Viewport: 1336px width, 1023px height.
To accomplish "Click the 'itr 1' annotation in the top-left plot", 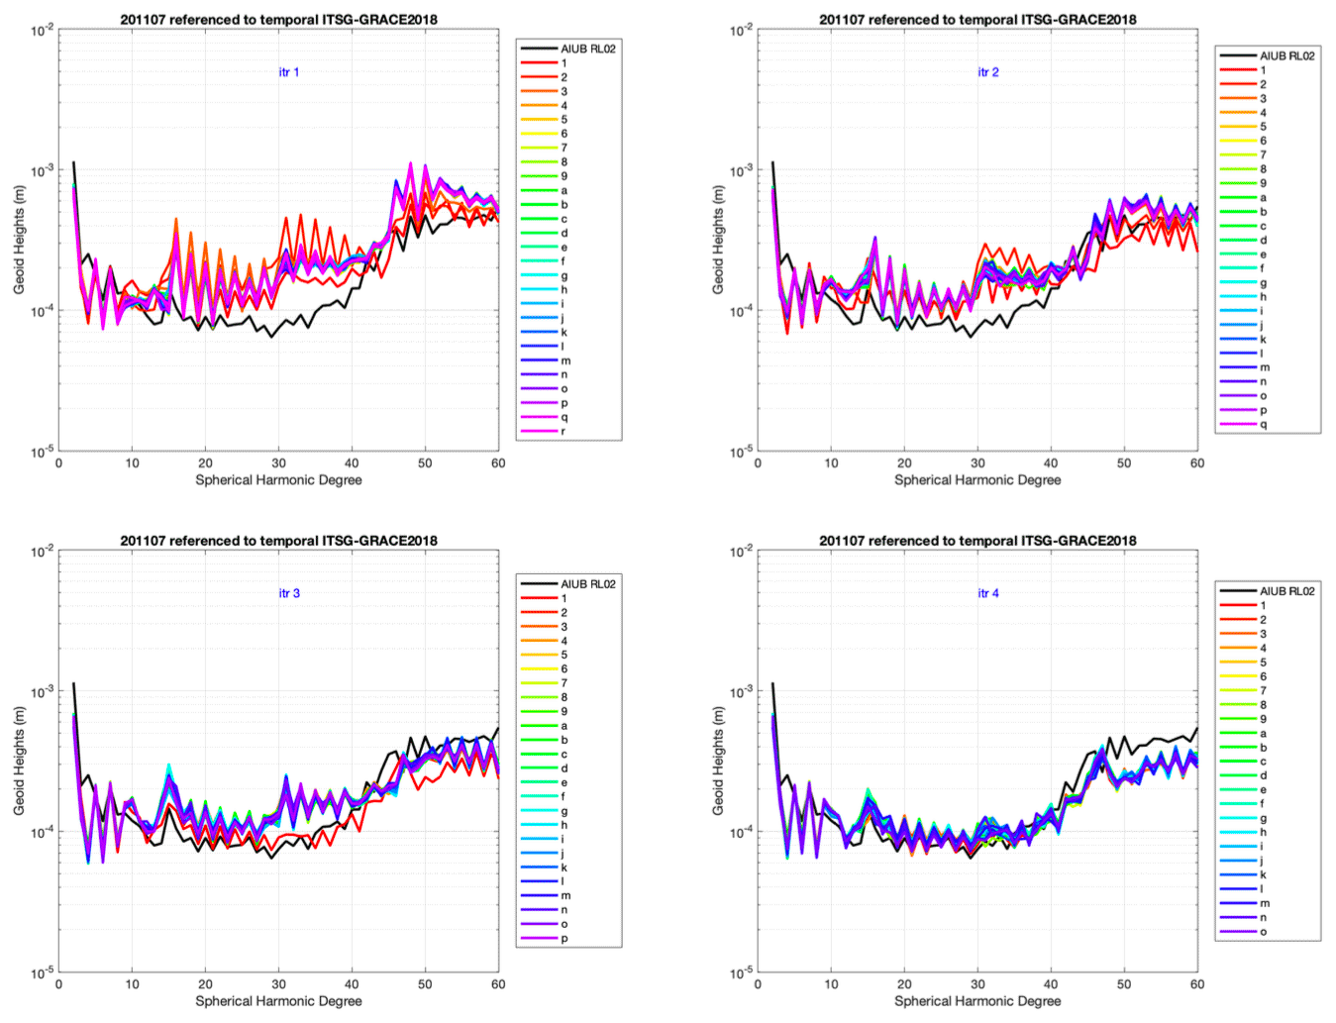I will tap(288, 72).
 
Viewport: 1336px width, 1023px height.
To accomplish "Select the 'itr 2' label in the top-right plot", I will tap(987, 72).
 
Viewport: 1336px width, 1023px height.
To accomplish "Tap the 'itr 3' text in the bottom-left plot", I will tap(288, 593).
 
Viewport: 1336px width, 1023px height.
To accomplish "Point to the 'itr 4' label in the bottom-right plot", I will tap(987, 593).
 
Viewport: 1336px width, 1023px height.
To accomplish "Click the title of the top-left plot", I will tap(278, 19).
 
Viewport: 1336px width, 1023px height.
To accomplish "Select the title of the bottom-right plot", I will tap(977, 541).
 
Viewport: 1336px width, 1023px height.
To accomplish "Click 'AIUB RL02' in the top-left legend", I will tap(588, 49).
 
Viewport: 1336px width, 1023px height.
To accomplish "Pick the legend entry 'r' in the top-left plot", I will tap(564, 431).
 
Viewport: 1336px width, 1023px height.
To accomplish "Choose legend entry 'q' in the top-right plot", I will tap(1263, 424).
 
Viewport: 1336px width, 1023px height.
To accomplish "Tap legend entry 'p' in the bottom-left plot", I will tap(564, 938).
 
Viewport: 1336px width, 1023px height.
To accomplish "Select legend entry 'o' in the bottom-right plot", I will tap(1263, 931).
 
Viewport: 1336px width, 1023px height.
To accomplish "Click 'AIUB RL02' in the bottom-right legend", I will tap(1286, 591).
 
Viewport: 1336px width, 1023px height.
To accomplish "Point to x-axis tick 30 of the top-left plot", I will tap(278, 462).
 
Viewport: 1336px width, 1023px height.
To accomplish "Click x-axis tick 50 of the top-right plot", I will tap(1124, 462).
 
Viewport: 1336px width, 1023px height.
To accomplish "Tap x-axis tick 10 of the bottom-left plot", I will tap(132, 984).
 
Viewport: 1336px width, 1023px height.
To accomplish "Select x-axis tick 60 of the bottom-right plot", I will tap(1197, 984).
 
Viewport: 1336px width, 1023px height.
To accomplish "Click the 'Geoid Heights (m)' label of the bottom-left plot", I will tap(19, 762).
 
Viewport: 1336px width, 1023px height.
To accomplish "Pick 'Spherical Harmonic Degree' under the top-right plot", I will tap(977, 480).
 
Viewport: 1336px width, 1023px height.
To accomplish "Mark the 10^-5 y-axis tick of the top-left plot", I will tap(41, 452).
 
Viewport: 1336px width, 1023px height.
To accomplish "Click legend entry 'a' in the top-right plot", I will tap(1263, 197).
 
